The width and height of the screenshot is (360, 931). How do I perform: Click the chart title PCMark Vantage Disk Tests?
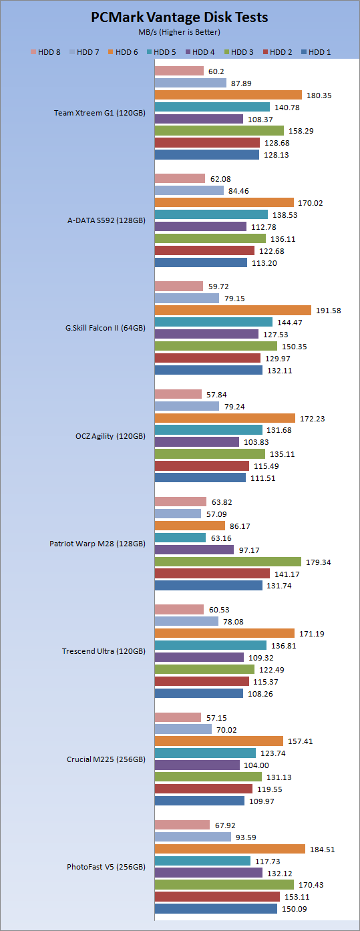point(180,17)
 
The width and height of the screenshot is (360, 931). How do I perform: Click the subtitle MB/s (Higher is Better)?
point(179,32)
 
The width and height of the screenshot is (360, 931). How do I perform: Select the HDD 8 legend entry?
point(45,52)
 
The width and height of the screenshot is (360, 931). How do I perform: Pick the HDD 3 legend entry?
point(238,52)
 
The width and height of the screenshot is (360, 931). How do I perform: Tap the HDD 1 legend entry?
point(316,52)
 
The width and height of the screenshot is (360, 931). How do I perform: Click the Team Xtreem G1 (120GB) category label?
point(100,113)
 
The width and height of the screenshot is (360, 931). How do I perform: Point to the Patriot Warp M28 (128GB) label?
point(98,544)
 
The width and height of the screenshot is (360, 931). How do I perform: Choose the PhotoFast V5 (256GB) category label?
point(106,867)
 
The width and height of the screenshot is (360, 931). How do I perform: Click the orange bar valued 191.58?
point(233,310)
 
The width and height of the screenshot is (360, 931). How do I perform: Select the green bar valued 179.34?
point(228,562)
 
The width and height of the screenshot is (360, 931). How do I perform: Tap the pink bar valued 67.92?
point(182,825)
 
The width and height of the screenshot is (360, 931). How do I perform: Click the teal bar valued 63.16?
point(180,538)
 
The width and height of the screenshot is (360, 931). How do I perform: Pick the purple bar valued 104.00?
point(197,765)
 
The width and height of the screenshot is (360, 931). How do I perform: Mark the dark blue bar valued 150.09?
point(216,908)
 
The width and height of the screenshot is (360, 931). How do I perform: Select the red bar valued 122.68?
point(204,250)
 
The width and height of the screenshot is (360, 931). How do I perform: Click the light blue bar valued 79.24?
point(186,406)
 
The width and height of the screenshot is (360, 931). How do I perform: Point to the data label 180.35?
point(319,96)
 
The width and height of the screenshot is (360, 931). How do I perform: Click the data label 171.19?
point(312,634)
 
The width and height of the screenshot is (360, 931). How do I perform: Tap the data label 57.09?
point(216,514)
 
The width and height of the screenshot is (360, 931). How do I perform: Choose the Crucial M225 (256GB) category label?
point(106,759)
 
